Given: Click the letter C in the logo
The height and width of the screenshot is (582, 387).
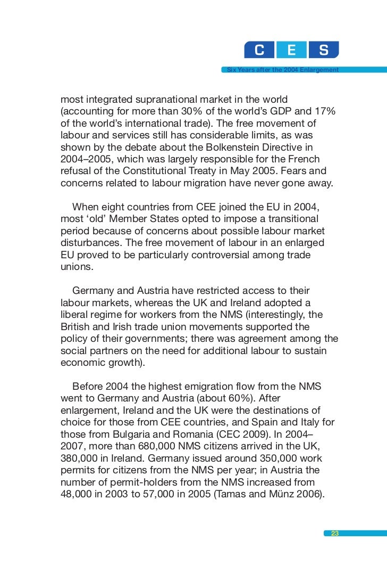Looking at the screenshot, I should coord(259,51).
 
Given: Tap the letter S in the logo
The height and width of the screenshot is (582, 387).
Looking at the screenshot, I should coord(323,51).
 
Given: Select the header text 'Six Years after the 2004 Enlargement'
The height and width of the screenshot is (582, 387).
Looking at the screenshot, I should coord(282,70).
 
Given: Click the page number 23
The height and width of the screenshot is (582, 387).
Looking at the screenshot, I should coord(334,534).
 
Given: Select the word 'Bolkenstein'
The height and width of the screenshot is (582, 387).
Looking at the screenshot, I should coord(241,147).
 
